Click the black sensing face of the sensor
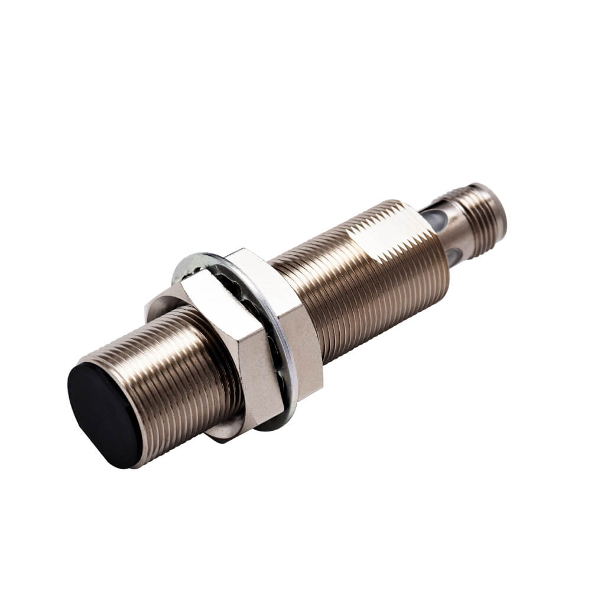coord(103,414)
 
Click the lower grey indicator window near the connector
coord(454,255)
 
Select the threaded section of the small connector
coord(473,219)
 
